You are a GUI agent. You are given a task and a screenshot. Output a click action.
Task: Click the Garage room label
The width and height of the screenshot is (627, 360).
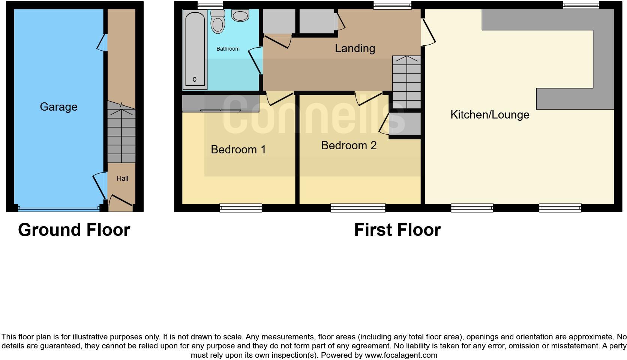58,107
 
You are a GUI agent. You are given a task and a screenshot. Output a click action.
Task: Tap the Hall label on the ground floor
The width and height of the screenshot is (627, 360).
122,178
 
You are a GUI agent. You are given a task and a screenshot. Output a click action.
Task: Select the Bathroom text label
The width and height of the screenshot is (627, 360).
228,49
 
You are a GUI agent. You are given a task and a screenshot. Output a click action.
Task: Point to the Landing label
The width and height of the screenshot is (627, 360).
355,48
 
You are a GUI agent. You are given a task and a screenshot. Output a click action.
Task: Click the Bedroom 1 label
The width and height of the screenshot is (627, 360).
238,150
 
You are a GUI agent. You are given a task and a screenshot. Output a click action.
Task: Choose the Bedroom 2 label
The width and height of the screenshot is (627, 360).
348,145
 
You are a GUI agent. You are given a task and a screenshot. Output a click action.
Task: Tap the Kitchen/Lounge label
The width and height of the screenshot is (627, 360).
489,115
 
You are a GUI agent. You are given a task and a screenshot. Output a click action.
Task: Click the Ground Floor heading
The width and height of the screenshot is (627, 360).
74,230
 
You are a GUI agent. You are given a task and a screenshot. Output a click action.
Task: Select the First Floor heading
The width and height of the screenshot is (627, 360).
397,230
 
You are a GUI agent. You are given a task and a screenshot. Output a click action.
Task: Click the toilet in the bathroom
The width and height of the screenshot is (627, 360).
218,21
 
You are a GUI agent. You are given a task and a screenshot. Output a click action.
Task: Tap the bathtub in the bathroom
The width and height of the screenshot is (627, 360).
195,49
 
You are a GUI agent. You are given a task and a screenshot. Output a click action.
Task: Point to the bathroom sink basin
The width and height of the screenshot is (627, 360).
240,15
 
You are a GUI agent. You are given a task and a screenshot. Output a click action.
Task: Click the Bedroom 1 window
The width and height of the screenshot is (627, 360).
240,208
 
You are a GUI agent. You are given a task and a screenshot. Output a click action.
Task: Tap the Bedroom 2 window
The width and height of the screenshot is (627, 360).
358,208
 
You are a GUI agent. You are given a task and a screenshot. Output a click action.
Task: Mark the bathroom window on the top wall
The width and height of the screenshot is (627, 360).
210,5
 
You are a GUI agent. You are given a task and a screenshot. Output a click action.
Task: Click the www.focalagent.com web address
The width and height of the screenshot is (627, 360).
400,355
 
